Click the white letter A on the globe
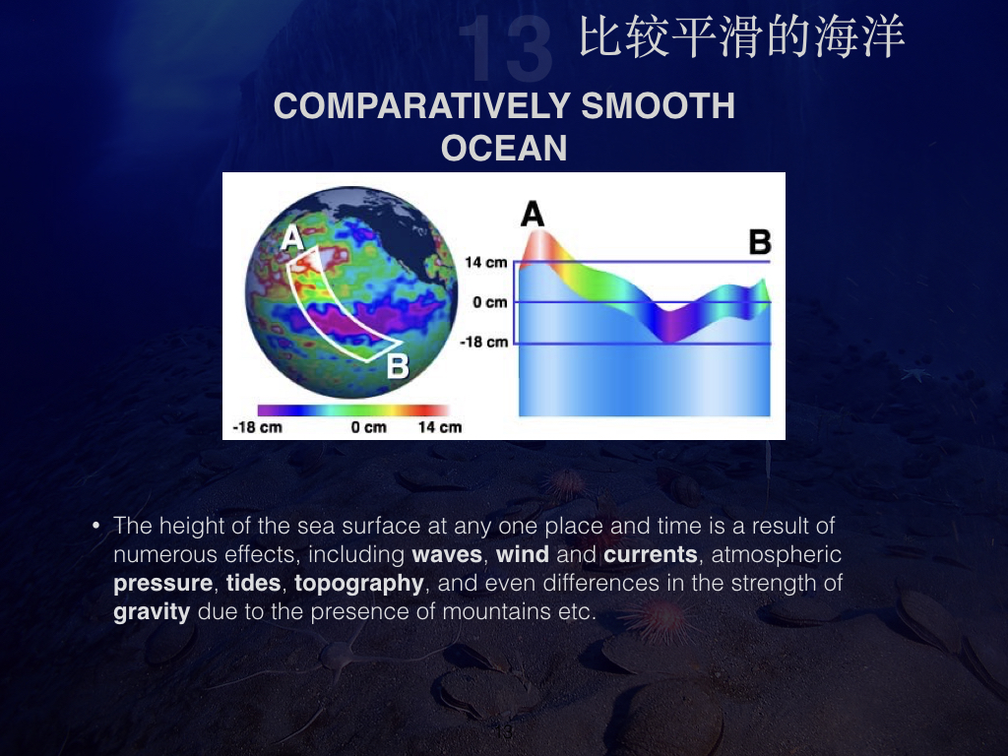(292, 238)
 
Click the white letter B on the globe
(398, 366)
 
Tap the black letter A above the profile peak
(533, 214)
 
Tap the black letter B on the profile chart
(760, 242)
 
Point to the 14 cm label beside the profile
(486, 262)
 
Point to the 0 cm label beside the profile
(490, 302)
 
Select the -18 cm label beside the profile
(483, 342)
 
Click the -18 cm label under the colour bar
(257, 427)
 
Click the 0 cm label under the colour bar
(369, 427)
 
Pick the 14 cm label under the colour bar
(440, 427)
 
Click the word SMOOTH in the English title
(659, 106)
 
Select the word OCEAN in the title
(504, 148)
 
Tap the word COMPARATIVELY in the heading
(422, 106)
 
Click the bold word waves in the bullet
(447, 554)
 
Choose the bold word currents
(651, 554)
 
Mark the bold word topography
(358, 584)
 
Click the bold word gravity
(152, 612)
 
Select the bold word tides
(253, 583)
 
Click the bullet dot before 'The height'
(96, 527)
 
